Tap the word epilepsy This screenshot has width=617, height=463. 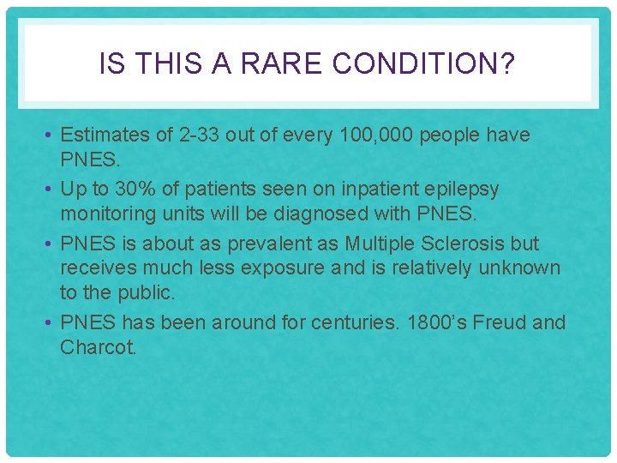(457, 189)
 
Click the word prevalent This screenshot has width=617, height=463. (262, 243)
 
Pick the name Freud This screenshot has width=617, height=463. (501, 322)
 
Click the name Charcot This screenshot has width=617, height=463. (98, 348)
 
